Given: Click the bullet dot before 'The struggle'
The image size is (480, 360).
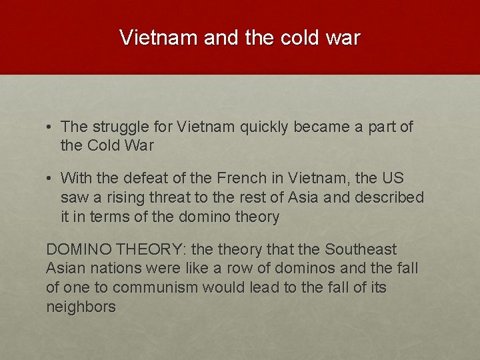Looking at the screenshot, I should coord(50,127).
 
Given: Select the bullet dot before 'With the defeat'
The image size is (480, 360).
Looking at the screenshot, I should coord(50,179).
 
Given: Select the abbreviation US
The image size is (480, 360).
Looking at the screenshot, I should coord(393,179).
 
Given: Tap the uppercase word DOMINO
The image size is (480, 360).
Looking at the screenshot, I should coord(79,250).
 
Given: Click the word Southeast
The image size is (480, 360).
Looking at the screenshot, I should coord(361,250).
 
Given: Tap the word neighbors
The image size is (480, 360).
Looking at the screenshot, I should coord(81,307).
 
